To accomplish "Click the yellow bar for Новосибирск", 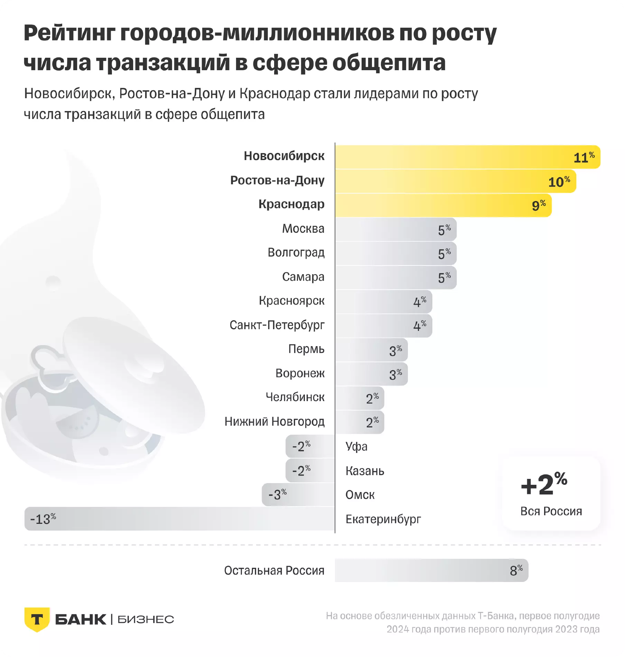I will tap(467, 157).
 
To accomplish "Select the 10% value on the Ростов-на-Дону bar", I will tap(559, 182).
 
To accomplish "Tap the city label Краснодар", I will tap(291, 204).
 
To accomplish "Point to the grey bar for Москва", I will tap(395, 230).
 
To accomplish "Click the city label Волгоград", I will tap(296, 252).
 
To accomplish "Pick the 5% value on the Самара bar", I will tap(444, 278).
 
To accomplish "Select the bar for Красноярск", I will tap(383, 302).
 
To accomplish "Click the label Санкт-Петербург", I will tap(277, 325).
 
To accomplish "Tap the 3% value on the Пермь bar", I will tap(395, 350).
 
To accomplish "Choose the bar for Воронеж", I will tap(371, 374).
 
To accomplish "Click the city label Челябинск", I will tap(295, 397).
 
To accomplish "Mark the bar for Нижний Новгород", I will tap(359, 422).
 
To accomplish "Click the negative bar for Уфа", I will tap(310, 446).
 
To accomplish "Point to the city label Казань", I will tap(365, 471).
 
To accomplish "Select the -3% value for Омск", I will tap(278, 495).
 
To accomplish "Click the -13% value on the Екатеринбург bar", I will tap(43, 519).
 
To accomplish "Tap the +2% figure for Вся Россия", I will tap(544, 484).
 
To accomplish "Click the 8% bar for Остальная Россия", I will tap(431, 571).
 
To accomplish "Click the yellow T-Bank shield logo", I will tap(37, 619).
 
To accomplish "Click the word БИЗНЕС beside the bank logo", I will tap(146, 620).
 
